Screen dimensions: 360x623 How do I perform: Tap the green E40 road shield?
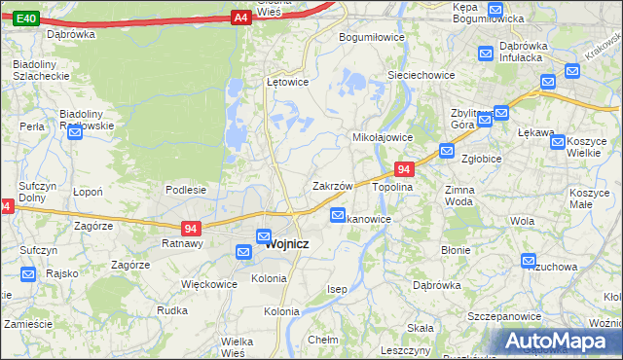[27, 18]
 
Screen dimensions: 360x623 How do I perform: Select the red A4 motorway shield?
[241, 18]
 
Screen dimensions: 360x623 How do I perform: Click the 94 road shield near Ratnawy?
[192, 229]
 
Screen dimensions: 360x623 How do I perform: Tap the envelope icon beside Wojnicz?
[264, 235]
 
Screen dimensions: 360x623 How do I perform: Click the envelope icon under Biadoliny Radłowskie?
[75, 133]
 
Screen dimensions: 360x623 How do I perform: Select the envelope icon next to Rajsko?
[27, 273]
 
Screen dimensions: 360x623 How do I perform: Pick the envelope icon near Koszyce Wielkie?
[558, 142]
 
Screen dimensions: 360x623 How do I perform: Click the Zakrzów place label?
[331, 185]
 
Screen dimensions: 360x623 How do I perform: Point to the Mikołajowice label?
[383, 138]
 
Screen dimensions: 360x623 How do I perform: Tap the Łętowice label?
[287, 82]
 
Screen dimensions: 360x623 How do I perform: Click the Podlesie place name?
[185, 190]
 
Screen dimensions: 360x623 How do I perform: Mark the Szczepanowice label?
[503, 317]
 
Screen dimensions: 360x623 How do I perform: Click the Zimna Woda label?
[458, 196]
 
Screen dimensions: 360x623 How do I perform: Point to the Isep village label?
[337, 290]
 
